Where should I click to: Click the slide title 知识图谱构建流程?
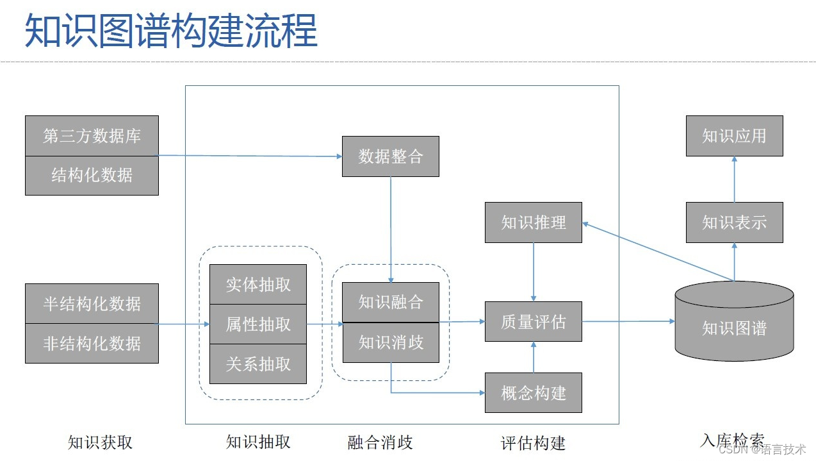coord(171,31)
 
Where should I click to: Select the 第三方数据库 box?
coord(92,136)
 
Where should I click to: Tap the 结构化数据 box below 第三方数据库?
coord(92,176)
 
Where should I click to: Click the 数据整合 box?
coord(390,156)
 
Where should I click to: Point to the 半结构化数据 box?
coord(92,304)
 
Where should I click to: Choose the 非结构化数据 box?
coord(92,344)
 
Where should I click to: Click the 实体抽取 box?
coord(258,285)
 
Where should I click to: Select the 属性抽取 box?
coord(258,324)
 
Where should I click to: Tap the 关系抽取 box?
coord(258,364)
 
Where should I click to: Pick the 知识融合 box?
coord(390,302)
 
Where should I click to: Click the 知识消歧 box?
coord(390,342)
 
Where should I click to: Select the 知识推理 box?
coord(533,222)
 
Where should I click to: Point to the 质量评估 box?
coord(533,321)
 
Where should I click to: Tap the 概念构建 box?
coord(533,392)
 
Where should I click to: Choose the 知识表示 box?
coord(734,222)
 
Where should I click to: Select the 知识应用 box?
coord(734,136)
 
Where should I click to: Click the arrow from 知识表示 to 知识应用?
coord(734,180)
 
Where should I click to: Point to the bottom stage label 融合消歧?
coord(380,442)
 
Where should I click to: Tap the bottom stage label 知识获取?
coord(100,442)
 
